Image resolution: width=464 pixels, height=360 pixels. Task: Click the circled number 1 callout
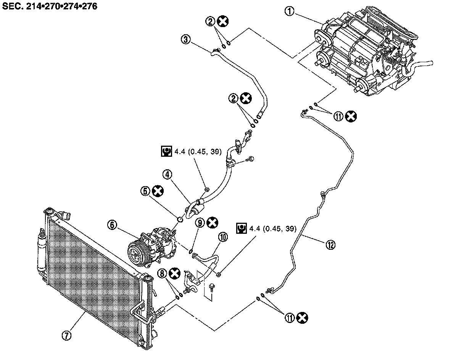coord(290,11)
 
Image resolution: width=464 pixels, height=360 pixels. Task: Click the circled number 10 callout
coord(223,237)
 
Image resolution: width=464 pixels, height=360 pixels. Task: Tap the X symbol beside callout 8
coord(175,273)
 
